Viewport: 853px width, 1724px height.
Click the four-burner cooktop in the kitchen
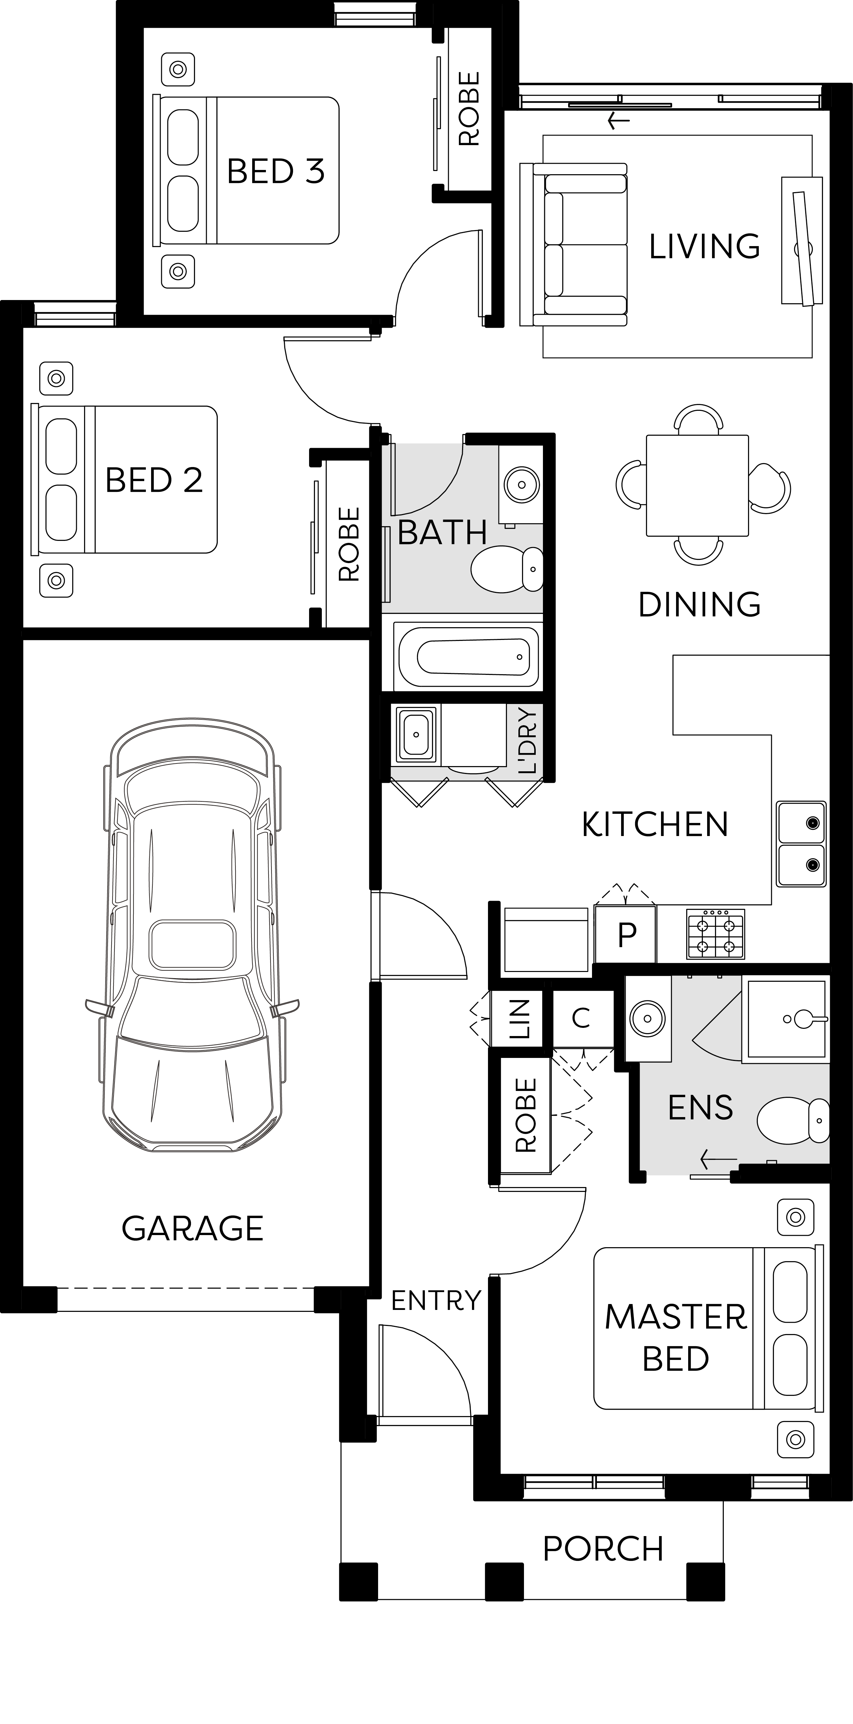pyautogui.click(x=715, y=934)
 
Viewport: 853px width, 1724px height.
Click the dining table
pyautogui.click(x=697, y=485)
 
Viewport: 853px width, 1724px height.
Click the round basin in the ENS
pyautogui.click(x=648, y=1019)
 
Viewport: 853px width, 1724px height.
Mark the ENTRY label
pyautogui.click(x=436, y=1300)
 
